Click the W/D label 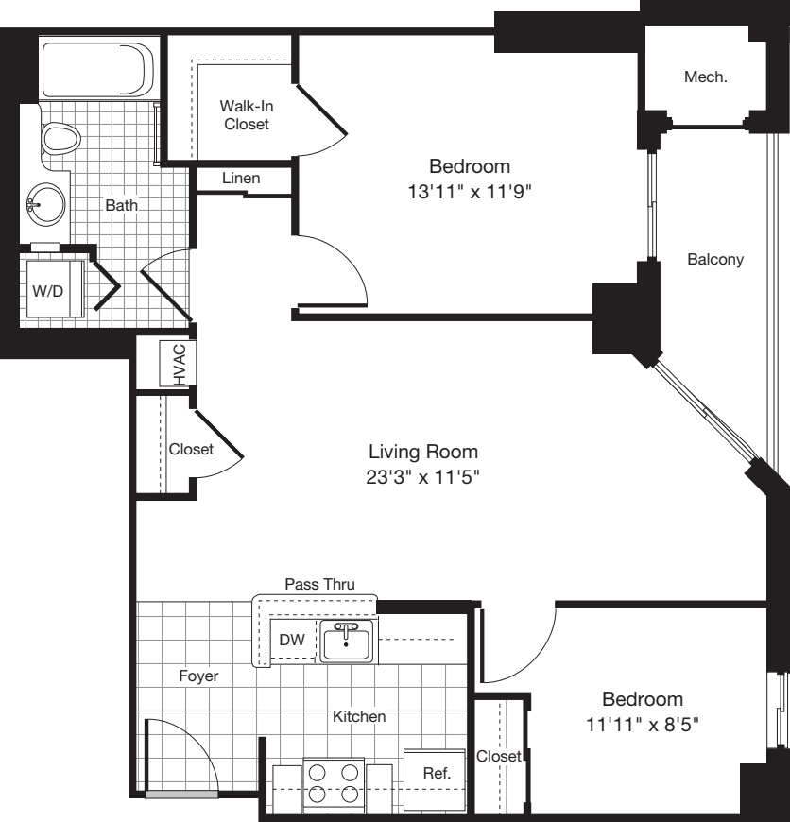click(48, 290)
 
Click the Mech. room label click(705, 77)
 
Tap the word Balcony click(715, 259)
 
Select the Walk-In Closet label click(245, 114)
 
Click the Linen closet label click(241, 178)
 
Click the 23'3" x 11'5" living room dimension click(423, 476)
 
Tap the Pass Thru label click(319, 585)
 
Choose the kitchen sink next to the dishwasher click(348, 642)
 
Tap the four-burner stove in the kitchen click(334, 783)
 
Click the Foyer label click(198, 676)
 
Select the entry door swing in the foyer click(180, 756)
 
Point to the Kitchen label click(359, 717)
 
